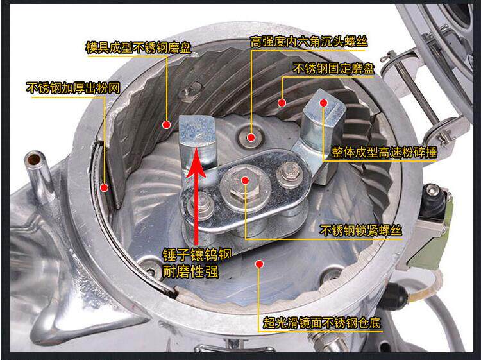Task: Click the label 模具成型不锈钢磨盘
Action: pos(139,48)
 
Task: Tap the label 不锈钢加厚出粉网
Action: pos(72,88)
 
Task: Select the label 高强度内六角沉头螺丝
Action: pos(308,42)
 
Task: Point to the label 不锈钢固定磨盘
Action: pos(333,69)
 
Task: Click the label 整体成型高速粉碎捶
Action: pos(384,152)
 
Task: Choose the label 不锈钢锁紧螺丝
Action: pos(360,230)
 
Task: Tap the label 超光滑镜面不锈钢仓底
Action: pos(321,323)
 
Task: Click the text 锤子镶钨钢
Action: pos(197,254)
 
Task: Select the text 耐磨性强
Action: pos(190,271)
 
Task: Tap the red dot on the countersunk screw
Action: pos(251,137)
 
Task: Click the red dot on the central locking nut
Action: pos(245,180)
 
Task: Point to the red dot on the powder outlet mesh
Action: pos(105,187)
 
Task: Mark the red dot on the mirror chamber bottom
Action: pos(260,264)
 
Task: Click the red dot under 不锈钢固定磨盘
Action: pos(282,103)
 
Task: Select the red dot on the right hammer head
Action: pos(323,103)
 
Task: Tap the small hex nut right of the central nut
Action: pos(289,174)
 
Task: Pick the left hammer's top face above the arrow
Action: pos(198,130)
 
